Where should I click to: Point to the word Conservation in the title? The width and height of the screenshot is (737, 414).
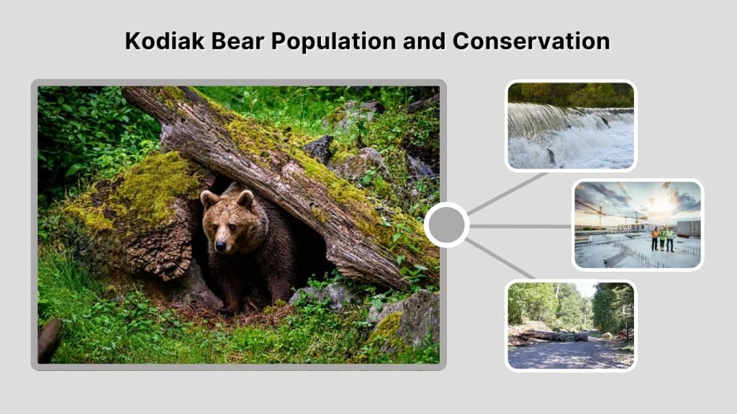point(532,41)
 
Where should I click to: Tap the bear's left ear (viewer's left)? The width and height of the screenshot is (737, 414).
point(208,198)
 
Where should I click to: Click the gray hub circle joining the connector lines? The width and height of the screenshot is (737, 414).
point(446,225)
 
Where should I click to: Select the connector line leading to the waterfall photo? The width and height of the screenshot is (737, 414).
point(507,193)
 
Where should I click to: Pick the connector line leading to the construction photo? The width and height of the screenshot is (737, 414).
point(521,226)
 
